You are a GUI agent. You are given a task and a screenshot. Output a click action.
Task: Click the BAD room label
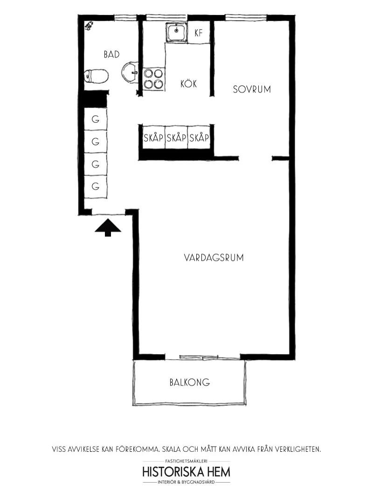coord(111,54)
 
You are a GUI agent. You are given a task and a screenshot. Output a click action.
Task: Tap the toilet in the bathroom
coord(97,76)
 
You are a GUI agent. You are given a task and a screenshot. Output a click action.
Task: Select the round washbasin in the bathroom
coord(130,72)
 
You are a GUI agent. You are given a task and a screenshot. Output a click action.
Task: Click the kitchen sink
coord(176,32)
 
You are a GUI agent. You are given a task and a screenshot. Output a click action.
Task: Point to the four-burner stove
coord(153,79)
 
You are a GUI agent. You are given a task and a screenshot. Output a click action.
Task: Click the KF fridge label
coord(198,33)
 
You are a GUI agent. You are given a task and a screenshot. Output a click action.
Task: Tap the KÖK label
coord(188,84)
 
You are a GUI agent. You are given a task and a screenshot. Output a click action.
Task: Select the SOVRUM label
coord(252,89)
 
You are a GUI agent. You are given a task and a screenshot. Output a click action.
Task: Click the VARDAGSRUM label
coord(214,257)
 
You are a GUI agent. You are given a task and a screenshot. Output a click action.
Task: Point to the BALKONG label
coord(189,382)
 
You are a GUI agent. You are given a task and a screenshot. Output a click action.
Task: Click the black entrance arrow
coord(108,228)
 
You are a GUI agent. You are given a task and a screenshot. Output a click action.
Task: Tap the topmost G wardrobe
coord(96,119)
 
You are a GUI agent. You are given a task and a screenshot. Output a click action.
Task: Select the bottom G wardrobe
coord(96,186)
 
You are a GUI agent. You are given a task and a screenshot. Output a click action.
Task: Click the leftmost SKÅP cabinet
coord(153,137)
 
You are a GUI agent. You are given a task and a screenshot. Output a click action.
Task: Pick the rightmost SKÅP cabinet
coord(199,137)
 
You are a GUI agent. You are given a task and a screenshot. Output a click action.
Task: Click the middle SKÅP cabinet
coord(176,137)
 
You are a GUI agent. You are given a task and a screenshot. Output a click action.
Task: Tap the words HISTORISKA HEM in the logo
coord(186,472)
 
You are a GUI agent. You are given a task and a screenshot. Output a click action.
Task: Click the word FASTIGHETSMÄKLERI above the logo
coord(186,461)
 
